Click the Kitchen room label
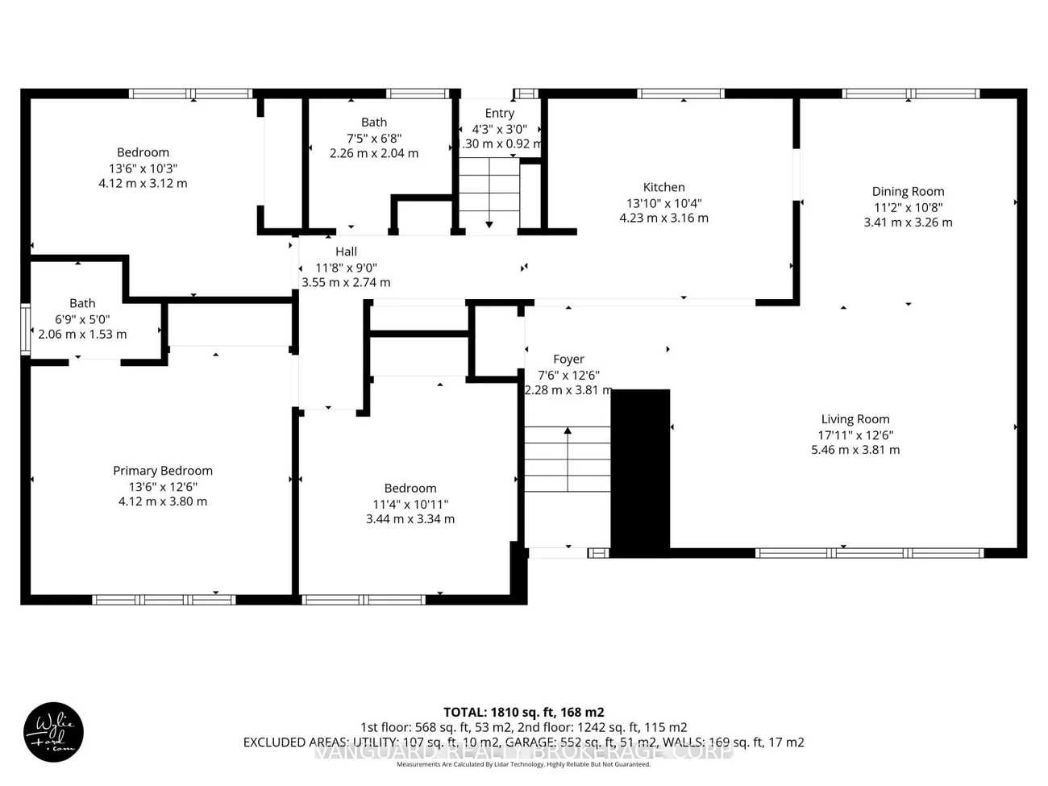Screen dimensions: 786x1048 coord(663,187)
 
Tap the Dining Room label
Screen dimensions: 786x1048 coord(908,192)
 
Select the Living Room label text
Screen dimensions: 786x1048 coord(855,419)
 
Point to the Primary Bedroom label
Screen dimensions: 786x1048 coord(163,471)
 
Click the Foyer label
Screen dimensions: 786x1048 coord(568,360)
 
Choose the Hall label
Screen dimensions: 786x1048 coord(346,252)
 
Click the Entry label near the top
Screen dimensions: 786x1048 coord(499,114)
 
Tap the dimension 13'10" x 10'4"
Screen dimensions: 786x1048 coord(663,203)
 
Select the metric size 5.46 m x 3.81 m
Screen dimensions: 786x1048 coord(855,450)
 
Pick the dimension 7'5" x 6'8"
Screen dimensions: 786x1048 coord(373,138)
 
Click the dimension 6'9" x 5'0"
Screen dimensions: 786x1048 coord(82,319)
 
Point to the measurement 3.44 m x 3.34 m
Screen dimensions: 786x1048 coord(410,519)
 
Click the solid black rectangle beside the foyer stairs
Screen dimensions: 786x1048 coord(640,472)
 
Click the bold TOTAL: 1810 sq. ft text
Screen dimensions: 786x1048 coord(523,712)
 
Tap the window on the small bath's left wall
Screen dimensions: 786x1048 coord(25,329)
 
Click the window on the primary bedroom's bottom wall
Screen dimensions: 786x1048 coord(164,600)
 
